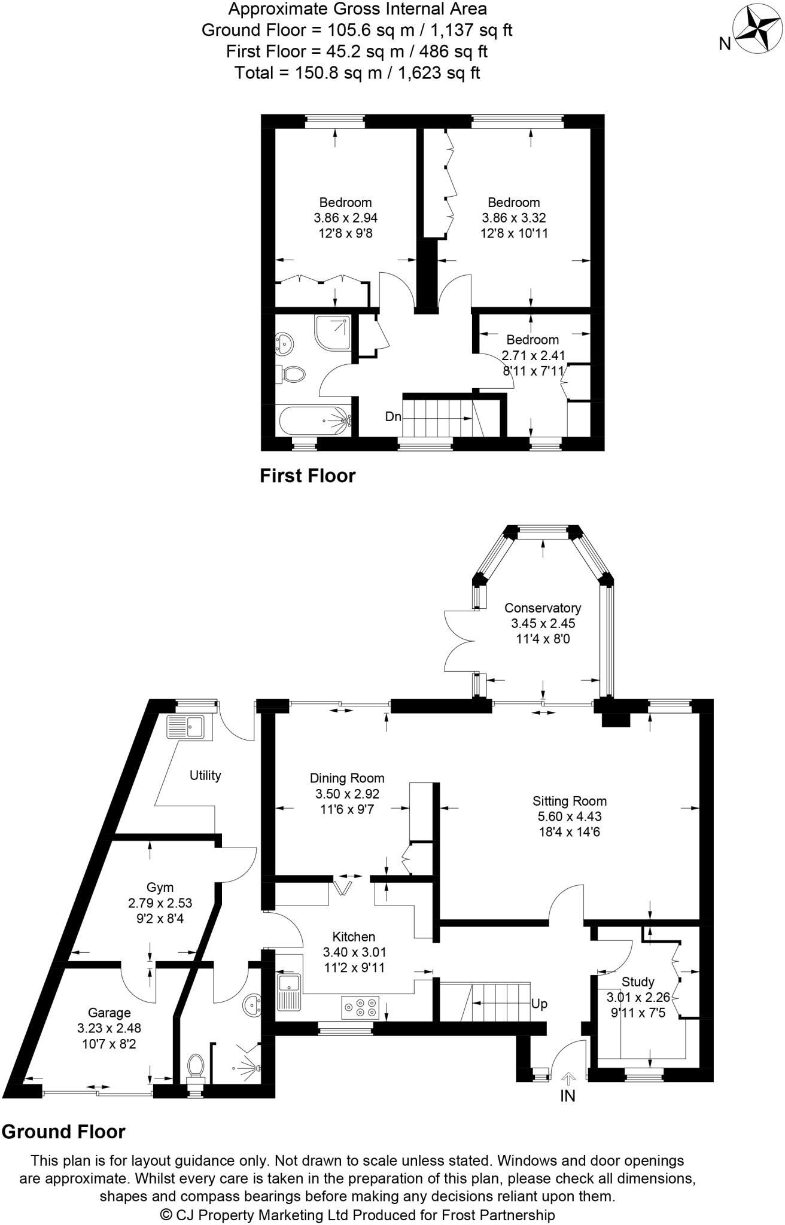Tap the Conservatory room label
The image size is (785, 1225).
click(542, 608)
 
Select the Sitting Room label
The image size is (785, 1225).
click(569, 801)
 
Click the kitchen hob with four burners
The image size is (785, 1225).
click(360, 1007)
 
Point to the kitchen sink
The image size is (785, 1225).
click(291, 991)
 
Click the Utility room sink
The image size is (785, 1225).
click(186, 727)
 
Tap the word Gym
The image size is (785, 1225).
click(160, 888)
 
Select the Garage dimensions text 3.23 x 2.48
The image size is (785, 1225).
click(109, 1028)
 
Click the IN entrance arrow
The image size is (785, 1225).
click(567, 1078)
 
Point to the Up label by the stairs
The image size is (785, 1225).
click(539, 1004)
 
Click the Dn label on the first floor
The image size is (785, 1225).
click(393, 417)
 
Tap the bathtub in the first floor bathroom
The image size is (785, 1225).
click(314, 420)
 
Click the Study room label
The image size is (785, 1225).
click(638, 982)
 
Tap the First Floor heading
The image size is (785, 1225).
click(307, 476)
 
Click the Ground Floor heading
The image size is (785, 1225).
click(63, 1132)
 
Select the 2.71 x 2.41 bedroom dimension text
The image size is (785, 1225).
click(533, 355)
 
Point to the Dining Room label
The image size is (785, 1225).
click(346, 778)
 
